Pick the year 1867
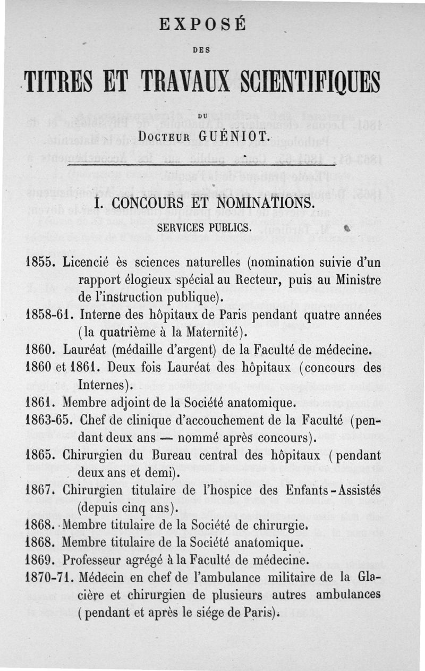[x=40, y=490]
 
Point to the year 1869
[x=40, y=560]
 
